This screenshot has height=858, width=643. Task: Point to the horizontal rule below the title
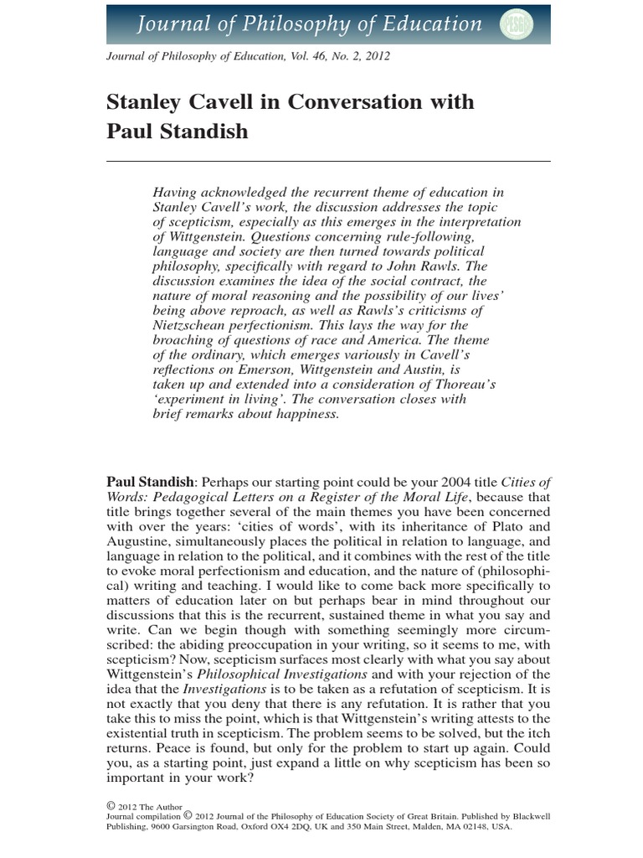(x=328, y=160)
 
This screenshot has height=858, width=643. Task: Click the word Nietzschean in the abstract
(x=193, y=325)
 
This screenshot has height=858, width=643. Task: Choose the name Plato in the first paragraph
(x=505, y=527)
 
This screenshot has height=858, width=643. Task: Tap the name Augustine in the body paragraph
(x=136, y=542)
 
